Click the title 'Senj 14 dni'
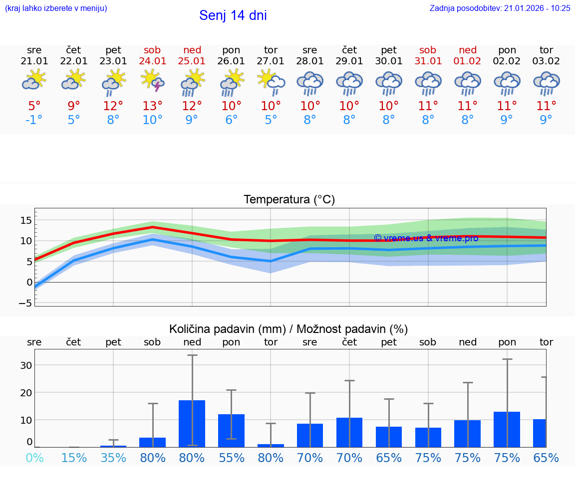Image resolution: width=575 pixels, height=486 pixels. tap(233, 15)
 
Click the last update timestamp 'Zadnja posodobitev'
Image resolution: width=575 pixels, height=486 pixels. tap(500, 8)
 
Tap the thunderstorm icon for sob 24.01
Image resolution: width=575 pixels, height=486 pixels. tap(153, 80)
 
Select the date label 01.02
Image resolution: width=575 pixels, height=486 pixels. tap(468, 61)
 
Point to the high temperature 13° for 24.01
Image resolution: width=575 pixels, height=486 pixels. tap(153, 106)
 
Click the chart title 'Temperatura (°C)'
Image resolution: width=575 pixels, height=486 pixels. tap(289, 200)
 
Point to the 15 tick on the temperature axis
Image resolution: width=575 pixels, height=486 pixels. tap(26, 220)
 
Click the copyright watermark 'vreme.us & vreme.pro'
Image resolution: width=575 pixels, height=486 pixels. tap(426, 238)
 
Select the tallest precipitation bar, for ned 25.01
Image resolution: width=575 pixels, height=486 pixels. tap(192, 423)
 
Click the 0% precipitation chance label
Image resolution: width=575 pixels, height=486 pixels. tap(34, 458)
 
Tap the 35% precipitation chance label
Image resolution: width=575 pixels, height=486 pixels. tap(113, 458)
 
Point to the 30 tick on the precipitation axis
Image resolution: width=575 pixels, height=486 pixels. tap(26, 365)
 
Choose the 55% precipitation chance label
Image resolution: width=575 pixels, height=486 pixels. tap(231, 458)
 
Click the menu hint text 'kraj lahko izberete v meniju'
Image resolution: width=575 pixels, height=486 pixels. tap(56, 8)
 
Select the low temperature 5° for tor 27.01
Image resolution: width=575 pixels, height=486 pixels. tap(271, 120)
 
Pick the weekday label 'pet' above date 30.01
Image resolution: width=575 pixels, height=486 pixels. tap(389, 50)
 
